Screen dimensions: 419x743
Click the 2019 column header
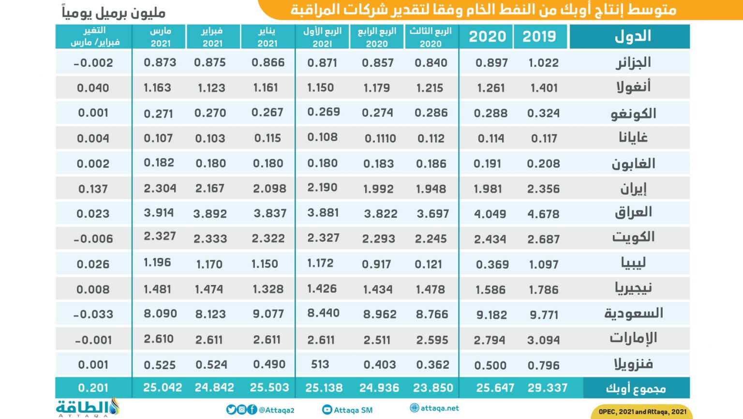(539, 37)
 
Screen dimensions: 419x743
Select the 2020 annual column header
(487, 37)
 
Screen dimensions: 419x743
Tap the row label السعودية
(633, 314)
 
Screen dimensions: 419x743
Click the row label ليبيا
(633, 263)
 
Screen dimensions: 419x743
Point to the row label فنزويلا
(633, 364)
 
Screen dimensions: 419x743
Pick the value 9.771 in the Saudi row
(544, 315)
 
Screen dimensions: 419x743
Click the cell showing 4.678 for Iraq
(543, 214)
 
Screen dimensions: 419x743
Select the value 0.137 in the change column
(93, 189)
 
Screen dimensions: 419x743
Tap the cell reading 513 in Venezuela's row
(320, 364)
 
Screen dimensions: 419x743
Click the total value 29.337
(547, 388)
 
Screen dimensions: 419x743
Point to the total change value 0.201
(93, 388)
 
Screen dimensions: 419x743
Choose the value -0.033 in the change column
(93, 314)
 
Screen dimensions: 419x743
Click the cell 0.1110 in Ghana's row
(380, 139)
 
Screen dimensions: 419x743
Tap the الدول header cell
(632, 37)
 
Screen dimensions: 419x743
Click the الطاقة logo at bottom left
(87, 407)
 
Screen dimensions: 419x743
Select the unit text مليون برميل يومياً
(114, 12)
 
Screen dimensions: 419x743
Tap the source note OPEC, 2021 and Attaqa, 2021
(642, 412)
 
